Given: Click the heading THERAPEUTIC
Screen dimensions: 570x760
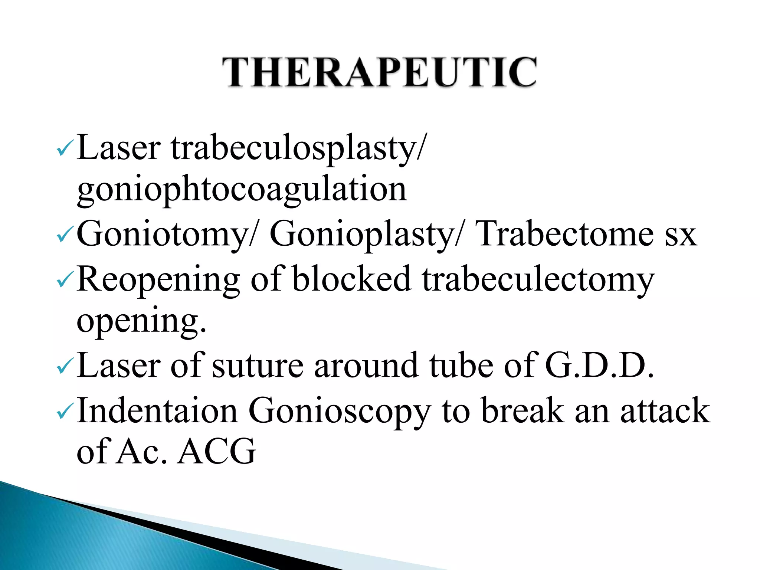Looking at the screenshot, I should click(x=379, y=72).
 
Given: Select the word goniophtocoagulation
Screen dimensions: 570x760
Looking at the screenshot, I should click(x=242, y=190).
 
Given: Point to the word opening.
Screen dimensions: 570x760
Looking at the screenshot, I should click(x=141, y=321).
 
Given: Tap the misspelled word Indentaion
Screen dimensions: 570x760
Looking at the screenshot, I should click(x=157, y=410).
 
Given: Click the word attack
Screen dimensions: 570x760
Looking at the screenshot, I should click(x=665, y=410).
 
